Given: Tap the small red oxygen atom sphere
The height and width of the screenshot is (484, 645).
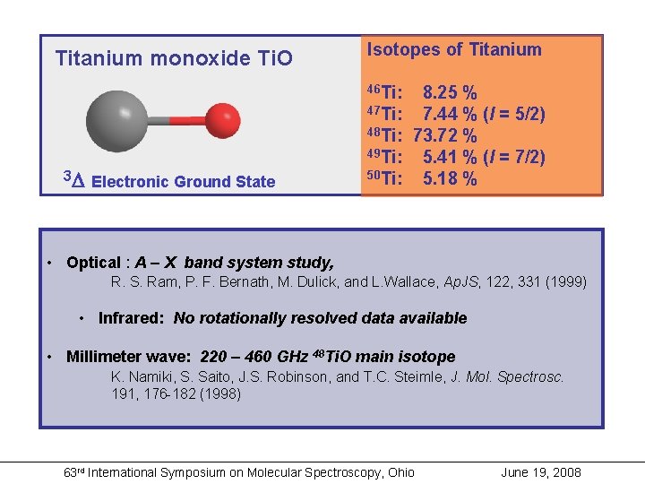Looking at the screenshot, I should pyautogui.click(x=222, y=117).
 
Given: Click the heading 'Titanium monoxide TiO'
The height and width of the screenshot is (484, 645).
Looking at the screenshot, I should pyautogui.click(x=174, y=59).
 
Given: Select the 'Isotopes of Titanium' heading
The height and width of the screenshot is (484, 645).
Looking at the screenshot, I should pyautogui.click(x=454, y=50).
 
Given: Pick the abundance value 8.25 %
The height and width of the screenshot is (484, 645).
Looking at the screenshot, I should pyautogui.click(x=450, y=92).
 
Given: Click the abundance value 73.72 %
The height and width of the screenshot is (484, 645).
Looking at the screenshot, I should pyautogui.click(x=445, y=135).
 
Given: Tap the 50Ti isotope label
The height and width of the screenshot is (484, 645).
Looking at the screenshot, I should pyautogui.click(x=384, y=178).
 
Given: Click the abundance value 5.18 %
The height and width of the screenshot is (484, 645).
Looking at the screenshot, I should pyautogui.click(x=450, y=178).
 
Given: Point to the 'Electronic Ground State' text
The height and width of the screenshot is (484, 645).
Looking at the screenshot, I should pyautogui.click(x=184, y=182).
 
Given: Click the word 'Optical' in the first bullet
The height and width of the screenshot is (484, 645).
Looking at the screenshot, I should pyautogui.click(x=93, y=263).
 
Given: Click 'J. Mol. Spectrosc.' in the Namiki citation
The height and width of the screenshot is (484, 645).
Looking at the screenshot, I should pyautogui.click(x=508, y=377).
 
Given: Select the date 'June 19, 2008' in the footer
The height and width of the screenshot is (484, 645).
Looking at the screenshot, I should pyautogui.click(x=541, y=472).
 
